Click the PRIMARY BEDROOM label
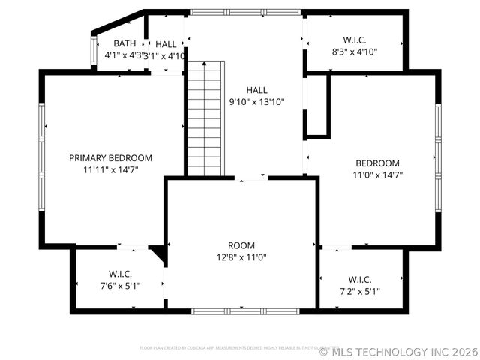pos(110,158)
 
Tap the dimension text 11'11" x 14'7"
pos(110,169)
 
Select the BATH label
pos(124,43)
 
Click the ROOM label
pos(241,245)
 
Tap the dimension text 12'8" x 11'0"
pos(241,257)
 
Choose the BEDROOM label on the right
pos(377,163)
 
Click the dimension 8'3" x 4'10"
pos(355,52)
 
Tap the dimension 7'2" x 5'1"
pos(360,291)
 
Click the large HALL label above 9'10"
pos(256,90)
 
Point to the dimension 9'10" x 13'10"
pos(256,102)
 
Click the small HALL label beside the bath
pos(166,44)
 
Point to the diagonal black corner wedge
pos(157,254)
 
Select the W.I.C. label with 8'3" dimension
pos(355,40)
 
